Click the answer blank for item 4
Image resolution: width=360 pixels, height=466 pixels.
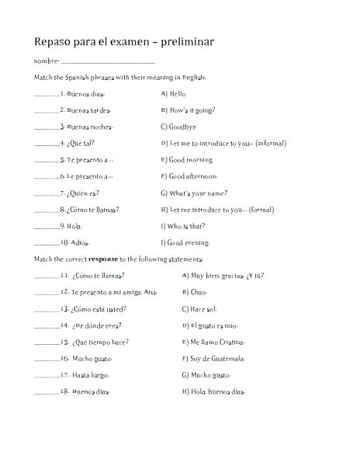(47, 144)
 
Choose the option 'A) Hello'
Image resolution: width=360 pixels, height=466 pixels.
(175, 93)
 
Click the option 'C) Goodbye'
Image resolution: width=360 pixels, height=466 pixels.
(179, 127)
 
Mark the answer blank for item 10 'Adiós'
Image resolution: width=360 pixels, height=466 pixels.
(47, 243)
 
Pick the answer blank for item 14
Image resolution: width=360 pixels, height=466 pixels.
(47, 326)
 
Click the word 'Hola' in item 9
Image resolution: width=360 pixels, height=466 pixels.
(75, 226)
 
